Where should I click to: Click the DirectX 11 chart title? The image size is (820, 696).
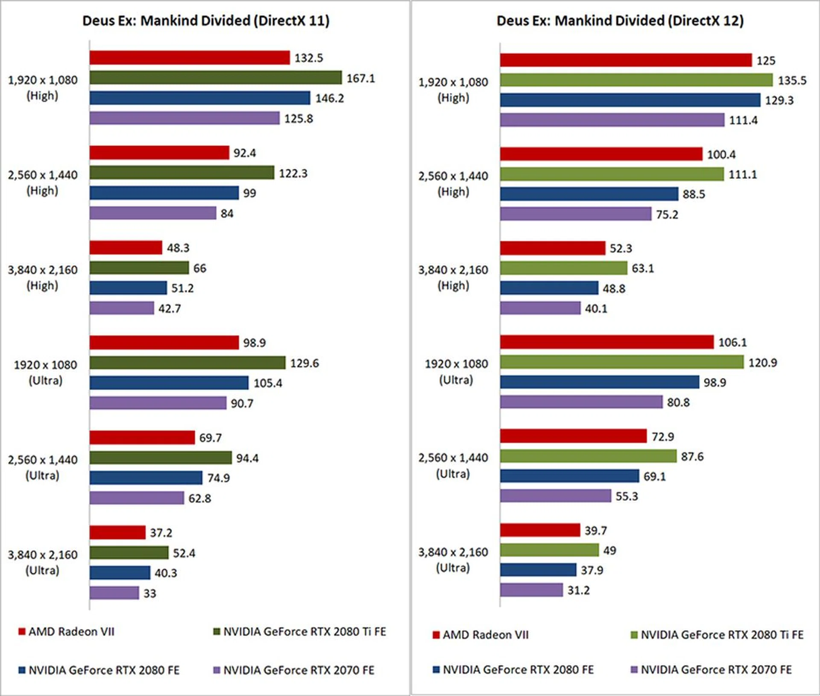[x=206, y=21]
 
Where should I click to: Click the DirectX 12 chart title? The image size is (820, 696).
[x=620, y=21]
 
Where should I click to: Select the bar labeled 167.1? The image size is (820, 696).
[x=216, y=78]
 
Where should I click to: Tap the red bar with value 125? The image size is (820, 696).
[x=626, y=60]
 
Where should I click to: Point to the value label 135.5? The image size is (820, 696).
[x=792, y=80]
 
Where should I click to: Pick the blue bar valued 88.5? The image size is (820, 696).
[x=589, y=194]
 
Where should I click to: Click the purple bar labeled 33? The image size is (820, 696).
[x=114, y=593]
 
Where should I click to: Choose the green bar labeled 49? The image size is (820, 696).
[x=549, y=550]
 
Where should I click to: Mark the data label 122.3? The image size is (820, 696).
[x=293, y=173]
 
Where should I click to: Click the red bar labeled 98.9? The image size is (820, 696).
[x=164, y=343]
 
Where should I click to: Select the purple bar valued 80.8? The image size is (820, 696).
[x=581, y=402]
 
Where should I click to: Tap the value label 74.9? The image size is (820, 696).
[x=219, y=478]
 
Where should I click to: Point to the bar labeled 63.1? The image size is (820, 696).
[x=564, y=268]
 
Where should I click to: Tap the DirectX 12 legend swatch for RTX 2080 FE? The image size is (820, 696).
[x=436, y=670]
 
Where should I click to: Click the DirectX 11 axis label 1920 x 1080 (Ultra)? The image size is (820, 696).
[x=45, y=373]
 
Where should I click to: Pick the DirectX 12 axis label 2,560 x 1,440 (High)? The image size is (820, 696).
[x=453, y=184]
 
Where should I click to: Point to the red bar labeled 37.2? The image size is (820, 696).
[x=117, y=532]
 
